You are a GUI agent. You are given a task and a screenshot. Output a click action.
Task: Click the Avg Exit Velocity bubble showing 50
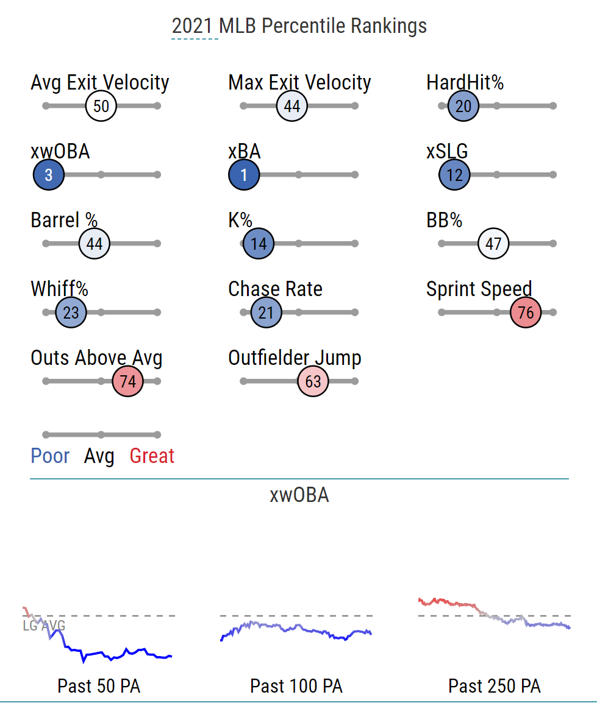(101, 106)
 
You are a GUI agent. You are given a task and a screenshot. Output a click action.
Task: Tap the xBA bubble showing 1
(244, 175)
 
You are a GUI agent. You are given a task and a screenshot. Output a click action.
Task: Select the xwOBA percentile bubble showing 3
(49, 175)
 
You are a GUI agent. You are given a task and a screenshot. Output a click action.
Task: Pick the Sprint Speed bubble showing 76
(526, 313)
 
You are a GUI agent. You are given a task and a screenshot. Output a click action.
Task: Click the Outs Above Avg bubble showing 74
(127, 382)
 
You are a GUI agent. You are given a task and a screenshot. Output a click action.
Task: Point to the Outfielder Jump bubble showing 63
(313, 382)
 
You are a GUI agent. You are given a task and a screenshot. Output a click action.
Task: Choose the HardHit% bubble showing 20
(463, 106)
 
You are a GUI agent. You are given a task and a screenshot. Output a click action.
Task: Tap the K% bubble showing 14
(259, 244)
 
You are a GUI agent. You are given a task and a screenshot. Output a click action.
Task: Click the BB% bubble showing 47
(493, 244)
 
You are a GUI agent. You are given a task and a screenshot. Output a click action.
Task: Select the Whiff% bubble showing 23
(71, 313)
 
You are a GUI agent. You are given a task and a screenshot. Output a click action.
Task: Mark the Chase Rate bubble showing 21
(266, 313)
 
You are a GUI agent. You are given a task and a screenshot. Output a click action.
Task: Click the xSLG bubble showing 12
(454, 175)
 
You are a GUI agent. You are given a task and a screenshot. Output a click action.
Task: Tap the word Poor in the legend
(50, 456)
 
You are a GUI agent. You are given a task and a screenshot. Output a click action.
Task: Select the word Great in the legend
(152, 456)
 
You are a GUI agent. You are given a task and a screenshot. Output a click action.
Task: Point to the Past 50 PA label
(99, 686)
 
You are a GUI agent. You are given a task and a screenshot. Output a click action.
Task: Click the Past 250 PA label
(495, 686)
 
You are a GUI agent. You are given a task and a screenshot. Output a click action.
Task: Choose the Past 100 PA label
(296, 686)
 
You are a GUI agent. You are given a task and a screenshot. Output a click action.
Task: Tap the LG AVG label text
(44, 626)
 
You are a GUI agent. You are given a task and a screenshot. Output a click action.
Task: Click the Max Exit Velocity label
(299, 83)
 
